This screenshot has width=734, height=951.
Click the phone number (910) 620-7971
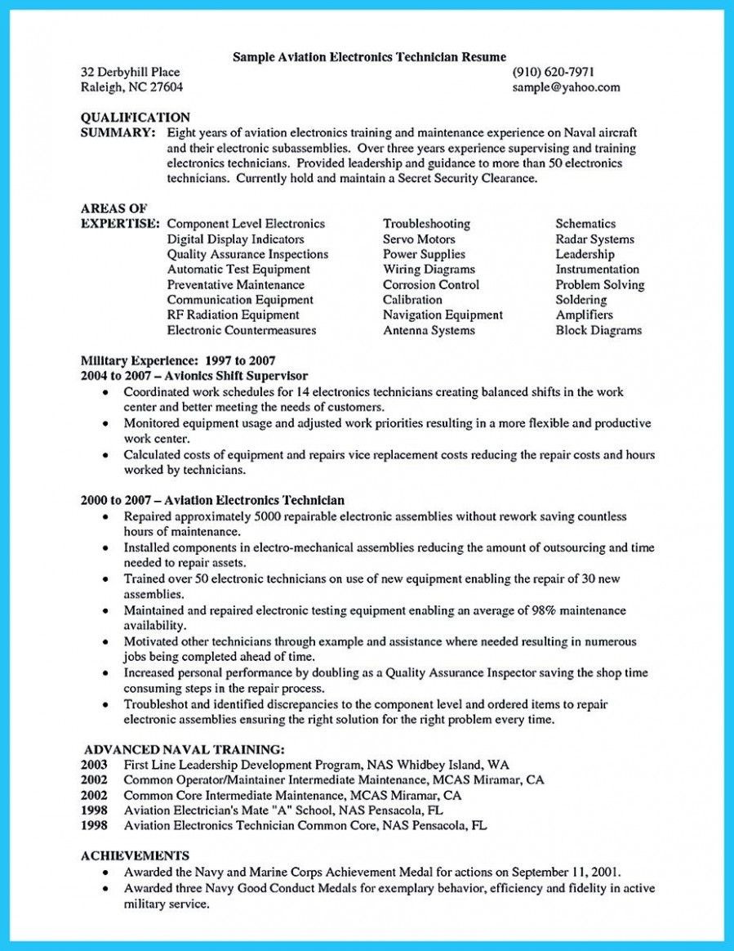point(554,72)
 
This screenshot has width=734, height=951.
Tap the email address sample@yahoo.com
point(566,87)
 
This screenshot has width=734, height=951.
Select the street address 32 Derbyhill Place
point(131,72)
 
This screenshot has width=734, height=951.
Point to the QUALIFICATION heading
point(136,118)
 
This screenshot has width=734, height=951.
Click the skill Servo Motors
point(419,239)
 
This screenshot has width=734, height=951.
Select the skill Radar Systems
point(594,239)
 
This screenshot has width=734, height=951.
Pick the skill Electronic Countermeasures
point(241,331)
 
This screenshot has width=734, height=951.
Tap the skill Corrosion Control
point(431,285)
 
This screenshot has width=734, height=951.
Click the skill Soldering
point(581,300)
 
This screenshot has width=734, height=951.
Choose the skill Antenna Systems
point(429,331)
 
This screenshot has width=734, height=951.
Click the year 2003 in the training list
point(95,765)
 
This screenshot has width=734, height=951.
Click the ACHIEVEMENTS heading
point(136,855)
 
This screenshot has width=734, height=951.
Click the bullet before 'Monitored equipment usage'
point(106,424)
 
